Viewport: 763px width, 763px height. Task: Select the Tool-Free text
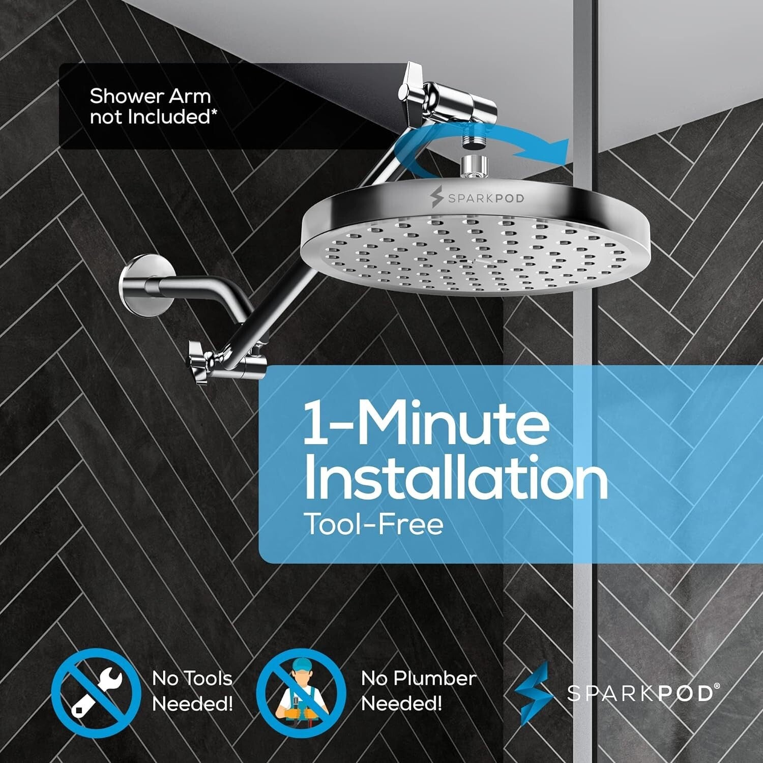(x=373, y=524)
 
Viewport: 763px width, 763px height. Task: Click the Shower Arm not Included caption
(x=150, y=106)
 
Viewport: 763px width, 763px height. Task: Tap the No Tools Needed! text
(x=192, y=691)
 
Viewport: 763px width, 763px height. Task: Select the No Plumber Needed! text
(x=418, y=691)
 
